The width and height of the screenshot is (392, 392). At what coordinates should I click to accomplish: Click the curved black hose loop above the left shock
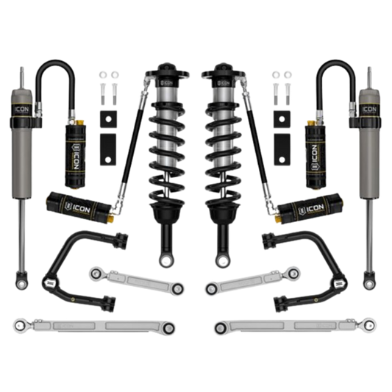click(51, 74)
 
